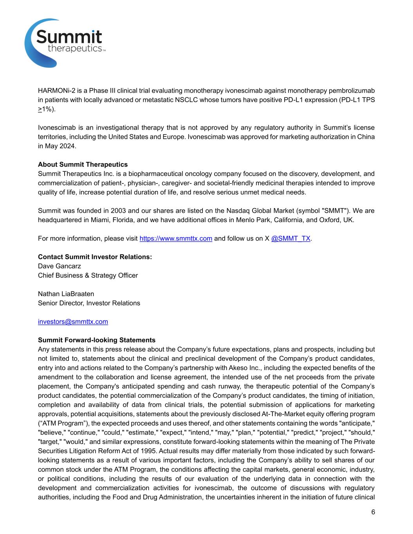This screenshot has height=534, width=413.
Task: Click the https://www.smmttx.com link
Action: (x=176, y=239)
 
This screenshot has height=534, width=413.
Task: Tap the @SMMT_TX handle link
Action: (x=290, y=239)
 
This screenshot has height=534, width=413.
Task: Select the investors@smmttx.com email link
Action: (x=73, y=322)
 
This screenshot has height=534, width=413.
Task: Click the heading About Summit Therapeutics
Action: (x=83, y=164)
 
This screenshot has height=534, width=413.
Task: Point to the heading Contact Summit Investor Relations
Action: (x=95, y=257)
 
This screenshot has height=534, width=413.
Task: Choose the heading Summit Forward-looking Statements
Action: (x=97, y=340)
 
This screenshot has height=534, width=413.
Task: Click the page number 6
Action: (x=373, y=512)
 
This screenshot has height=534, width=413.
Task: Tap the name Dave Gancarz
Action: (x=60, y=266)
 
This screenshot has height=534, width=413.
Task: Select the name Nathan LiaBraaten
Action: (x=66, y=294)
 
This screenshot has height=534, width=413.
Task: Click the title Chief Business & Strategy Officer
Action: (x=88, y=275)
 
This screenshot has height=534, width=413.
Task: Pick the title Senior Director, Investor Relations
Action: (x=89, y=303)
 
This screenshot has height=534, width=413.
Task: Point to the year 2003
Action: (x=118, y=210)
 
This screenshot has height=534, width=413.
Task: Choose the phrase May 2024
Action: (x=61, y=146)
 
